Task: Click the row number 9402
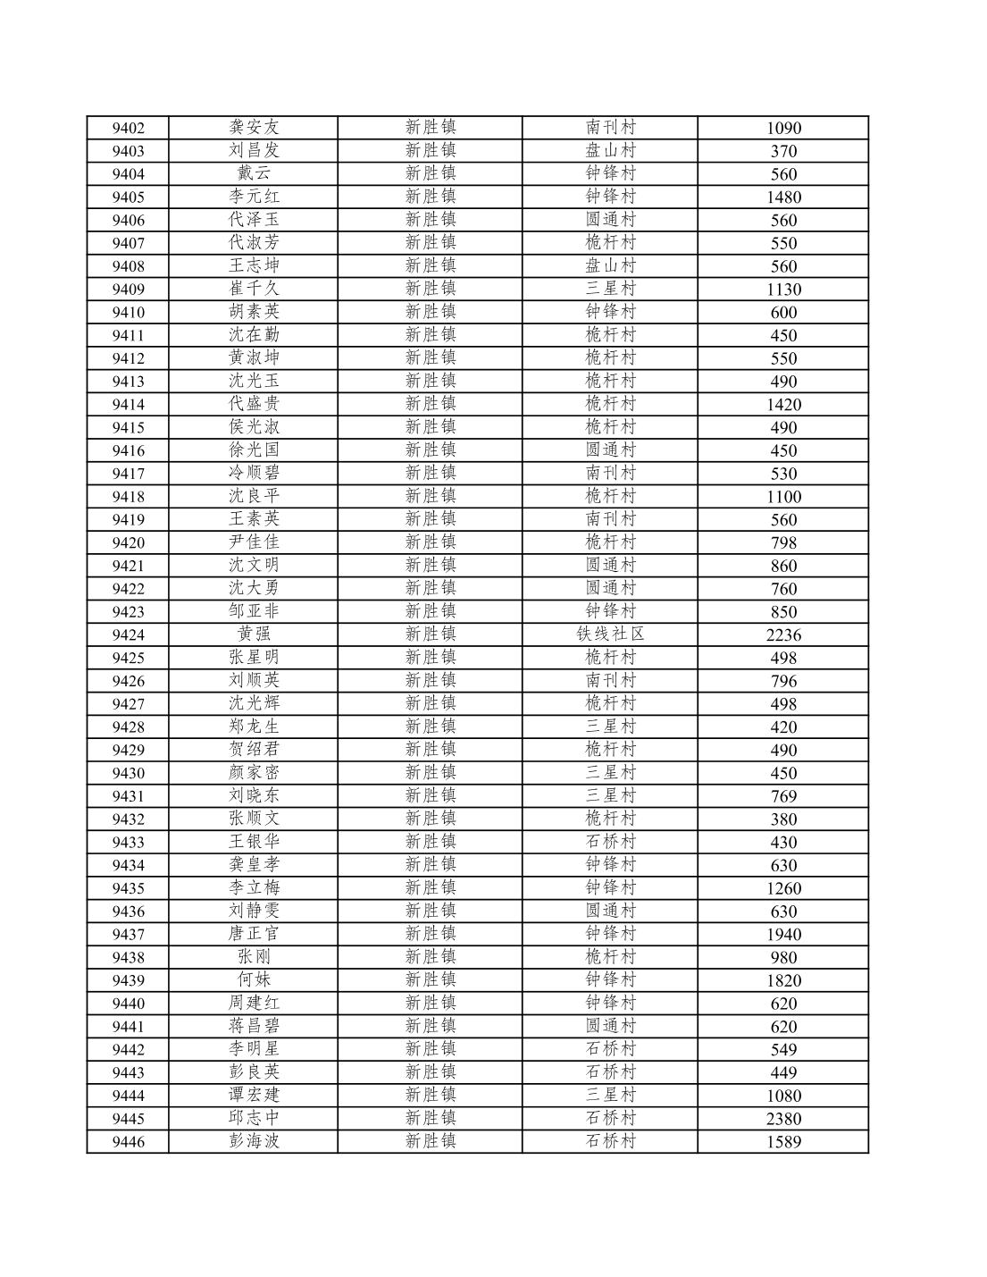(128, 128)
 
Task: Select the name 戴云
(254, 173)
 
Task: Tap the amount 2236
(783, 634)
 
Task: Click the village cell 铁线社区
(610, 634)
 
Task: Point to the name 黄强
(254, 634)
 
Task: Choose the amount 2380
(783, 1119)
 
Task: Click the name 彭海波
(254, 1141)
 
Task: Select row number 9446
(128, 1142)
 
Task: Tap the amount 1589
(783, 1142)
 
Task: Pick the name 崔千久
(254, 289)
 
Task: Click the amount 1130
(783, 289)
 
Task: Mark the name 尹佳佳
(254, 542)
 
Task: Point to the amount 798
(783, 542)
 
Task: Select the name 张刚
(254, 957)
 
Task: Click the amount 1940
(783, 934)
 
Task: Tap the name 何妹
(254, 980)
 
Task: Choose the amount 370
(783, 151)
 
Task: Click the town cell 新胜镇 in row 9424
(431, 634)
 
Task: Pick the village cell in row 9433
(610, 842)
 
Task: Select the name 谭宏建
(254, 1096)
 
